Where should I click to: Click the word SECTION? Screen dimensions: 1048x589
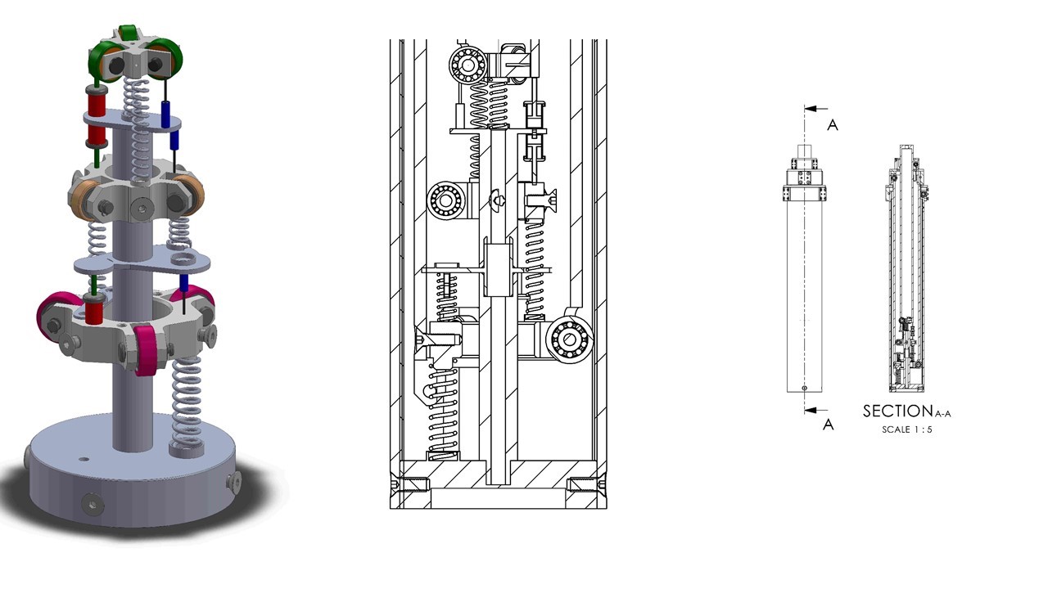click(x=898, y=411)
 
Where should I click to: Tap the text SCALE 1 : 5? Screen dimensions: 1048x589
click(x=907, y=429)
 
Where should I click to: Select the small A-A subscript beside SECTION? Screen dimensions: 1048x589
click(x=943, y=414)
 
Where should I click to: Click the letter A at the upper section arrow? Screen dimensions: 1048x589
click(x=833, y=125)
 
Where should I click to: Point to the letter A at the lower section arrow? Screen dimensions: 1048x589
click(x=828, y=425)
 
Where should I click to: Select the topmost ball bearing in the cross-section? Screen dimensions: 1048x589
click(x=468, y=65)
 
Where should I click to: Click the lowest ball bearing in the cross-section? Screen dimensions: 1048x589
click(x=569, y=339)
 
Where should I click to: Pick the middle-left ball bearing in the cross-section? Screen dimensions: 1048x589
click(x=446, y=201)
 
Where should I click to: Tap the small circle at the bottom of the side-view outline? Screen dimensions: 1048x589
click(x=804, y=388)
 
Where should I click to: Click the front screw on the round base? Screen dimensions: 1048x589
click(x=93, y=503)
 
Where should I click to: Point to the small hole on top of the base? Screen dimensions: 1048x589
click(x=84, y=460)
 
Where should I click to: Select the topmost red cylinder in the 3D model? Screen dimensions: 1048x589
click(x=97, y=100)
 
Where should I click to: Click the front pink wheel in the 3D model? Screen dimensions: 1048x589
click(x=147, y=350)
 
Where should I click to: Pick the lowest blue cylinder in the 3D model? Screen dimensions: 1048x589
click(x=184, y=283)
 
